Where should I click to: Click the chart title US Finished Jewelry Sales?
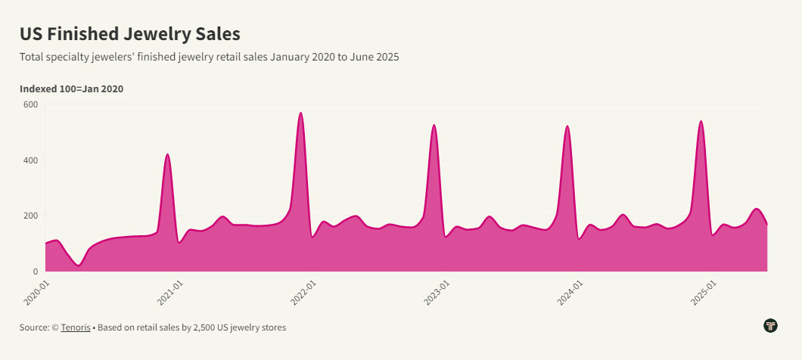point(129,34)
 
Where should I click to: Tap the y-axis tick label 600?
point(30,104)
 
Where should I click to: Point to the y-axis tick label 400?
point(30,160)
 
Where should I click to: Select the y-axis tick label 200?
point(30,216)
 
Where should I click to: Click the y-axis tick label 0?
point(34,272)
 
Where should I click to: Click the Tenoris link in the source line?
point(76,327)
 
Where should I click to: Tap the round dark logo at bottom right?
point(771,326)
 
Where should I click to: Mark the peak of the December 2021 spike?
point(301,113)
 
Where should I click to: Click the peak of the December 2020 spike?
point(167,155)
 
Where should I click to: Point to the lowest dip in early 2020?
point(79,265)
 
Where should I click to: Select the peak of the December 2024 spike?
point(701,122)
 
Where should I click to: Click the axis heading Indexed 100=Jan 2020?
point(71,89)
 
